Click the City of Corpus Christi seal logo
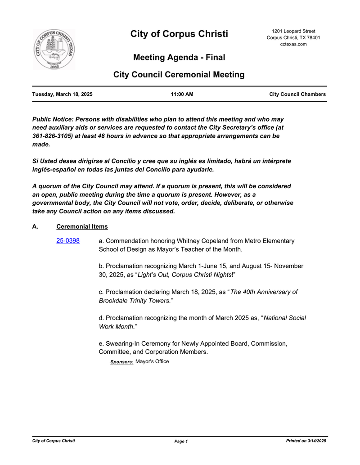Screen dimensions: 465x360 [x=54, y=50]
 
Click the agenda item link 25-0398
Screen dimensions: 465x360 [x=68, y=241]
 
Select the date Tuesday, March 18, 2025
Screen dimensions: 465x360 [x=62, y=95]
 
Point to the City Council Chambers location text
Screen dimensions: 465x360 [x=297, y=95]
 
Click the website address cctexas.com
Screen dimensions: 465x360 [x=293, y=44]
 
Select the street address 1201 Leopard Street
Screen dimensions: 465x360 [x=293, y=31]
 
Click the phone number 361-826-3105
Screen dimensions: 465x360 [x=50, y=136]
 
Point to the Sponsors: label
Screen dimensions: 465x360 [x=121, y=362]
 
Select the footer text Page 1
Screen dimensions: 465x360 [x=181, y=441]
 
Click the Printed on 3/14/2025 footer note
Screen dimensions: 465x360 [x=306, y=441]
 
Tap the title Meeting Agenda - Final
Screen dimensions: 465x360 [x=179, y=58]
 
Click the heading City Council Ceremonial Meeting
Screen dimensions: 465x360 [x=179, y=75]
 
